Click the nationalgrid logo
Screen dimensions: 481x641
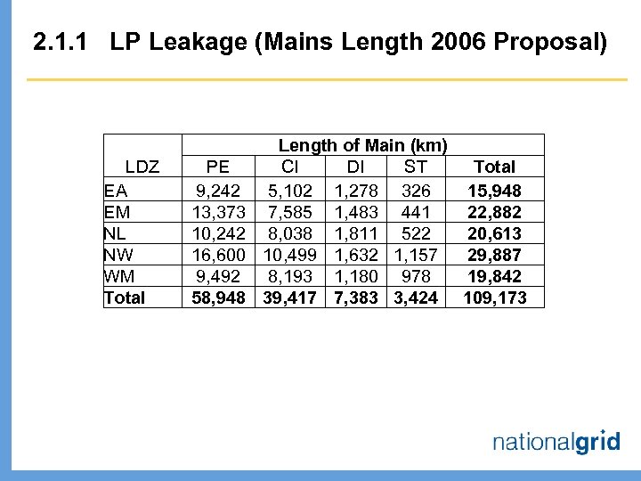point(556,442)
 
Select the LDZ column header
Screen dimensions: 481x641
point(142,167)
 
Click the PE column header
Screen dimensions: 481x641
point(217,167)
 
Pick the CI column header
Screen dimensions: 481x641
point(290,167)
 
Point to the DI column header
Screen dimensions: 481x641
point(354,167)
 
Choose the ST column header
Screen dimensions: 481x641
point(415,167)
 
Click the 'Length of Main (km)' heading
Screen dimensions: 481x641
point(362,145)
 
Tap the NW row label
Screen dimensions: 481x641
point(117,255)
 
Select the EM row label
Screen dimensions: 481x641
point(115,212)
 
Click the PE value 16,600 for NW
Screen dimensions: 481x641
point(219,255)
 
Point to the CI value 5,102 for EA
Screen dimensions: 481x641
point(290,191)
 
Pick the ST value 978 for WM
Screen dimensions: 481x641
point(416,276)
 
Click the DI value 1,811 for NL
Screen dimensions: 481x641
point(355,233)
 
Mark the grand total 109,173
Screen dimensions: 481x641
point(495,298)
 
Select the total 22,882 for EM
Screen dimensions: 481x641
point(495,212)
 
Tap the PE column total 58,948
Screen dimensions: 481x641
point(219,298)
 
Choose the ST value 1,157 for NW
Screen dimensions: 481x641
point(416,255)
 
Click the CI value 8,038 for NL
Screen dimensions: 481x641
point(290,233)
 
